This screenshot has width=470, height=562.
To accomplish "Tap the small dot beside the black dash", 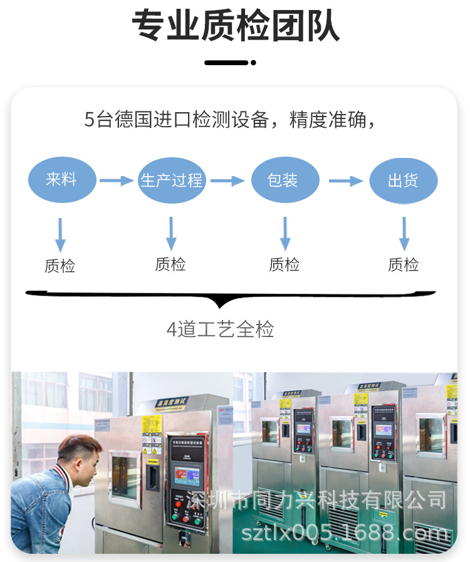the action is pos(253,63).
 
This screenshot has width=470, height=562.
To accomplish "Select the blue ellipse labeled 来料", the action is pos(61,180).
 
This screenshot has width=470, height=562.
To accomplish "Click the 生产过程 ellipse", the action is pos(172,180).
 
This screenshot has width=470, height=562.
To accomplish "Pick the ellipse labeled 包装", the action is pos(283,180).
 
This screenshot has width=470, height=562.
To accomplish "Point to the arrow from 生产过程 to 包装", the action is pos(227,181).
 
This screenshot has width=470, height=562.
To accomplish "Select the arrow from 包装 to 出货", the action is pos(345,181).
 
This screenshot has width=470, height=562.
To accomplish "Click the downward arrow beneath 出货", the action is pos(404,234).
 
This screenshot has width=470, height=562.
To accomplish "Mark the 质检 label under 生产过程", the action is pos(170,264).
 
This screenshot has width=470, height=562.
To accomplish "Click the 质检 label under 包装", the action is pos(285,265).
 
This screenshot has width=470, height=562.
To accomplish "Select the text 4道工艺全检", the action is pos(221,329).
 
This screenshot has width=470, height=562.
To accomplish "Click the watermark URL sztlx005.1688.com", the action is pos(345,533).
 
